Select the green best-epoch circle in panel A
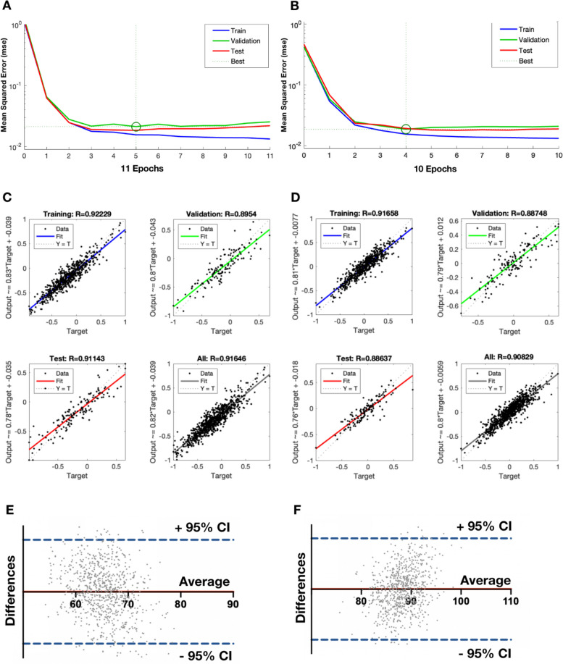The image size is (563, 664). point(135,127)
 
